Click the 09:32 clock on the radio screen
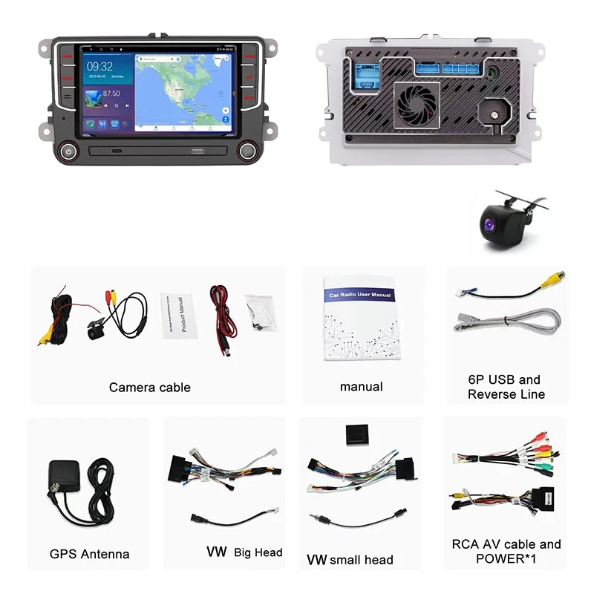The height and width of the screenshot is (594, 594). coord(101,67)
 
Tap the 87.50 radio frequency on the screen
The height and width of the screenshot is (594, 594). coord(111,94)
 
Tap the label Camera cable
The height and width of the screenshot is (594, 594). coord(149,387)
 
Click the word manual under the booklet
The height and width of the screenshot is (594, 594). coord(362,386)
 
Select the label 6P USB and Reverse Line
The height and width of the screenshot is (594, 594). coord(506,387)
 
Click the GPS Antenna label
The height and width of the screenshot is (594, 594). coord(89,554)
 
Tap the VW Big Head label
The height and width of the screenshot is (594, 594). coord(244,552)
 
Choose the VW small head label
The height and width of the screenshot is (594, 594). coord(350,559)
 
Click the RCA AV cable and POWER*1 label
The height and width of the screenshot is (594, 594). coord(506,551)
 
